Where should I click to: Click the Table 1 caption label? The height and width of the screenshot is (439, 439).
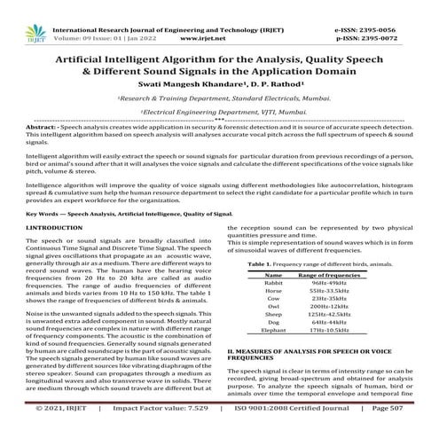coord(258,265)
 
